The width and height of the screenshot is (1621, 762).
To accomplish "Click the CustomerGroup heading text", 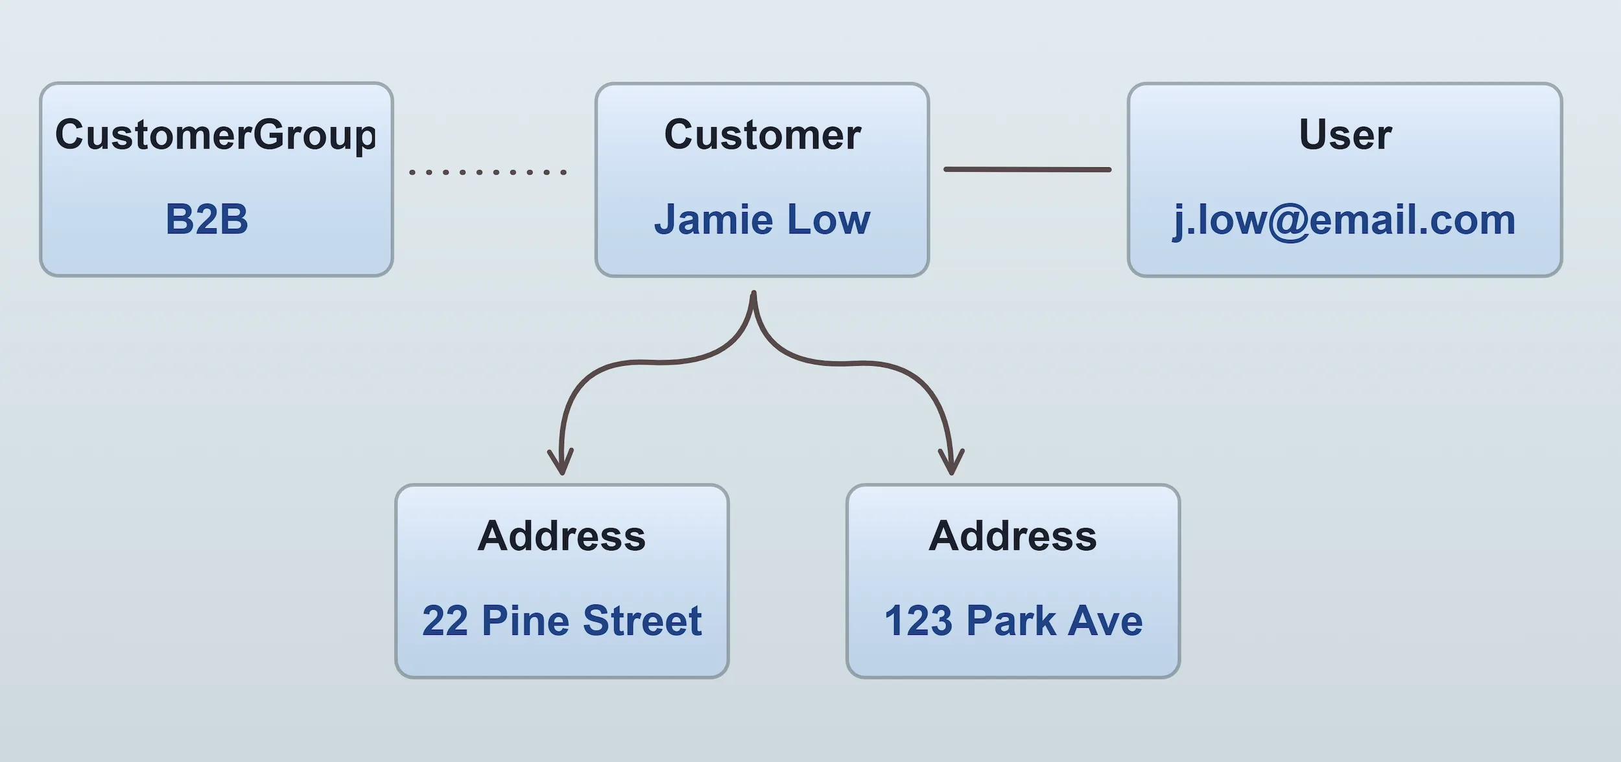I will pos(215,135).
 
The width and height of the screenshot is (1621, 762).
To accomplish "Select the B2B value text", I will pos(207,219).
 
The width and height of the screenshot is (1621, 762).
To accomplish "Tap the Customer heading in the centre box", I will pos(763,135).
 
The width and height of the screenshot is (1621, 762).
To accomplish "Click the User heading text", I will pos(1345,135).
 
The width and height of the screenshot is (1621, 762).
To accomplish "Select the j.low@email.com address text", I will pos(1344,220).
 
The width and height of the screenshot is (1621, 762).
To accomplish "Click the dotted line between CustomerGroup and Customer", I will pos(488,172).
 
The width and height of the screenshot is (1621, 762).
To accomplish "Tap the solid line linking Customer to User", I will pos(1027,169).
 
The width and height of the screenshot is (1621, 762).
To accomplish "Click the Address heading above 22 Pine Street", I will pos(562,536).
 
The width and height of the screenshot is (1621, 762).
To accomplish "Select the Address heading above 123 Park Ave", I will pos(1013,536).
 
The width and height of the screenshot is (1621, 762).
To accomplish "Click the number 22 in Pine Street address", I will pos(445,621).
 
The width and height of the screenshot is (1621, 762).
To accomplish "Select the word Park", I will pos(1012,621).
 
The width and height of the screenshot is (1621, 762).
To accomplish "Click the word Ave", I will pos(1106,621).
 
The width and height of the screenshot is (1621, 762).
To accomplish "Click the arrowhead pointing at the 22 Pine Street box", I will pos(561,463).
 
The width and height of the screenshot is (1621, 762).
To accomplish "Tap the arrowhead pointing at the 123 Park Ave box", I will pos(951,463).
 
